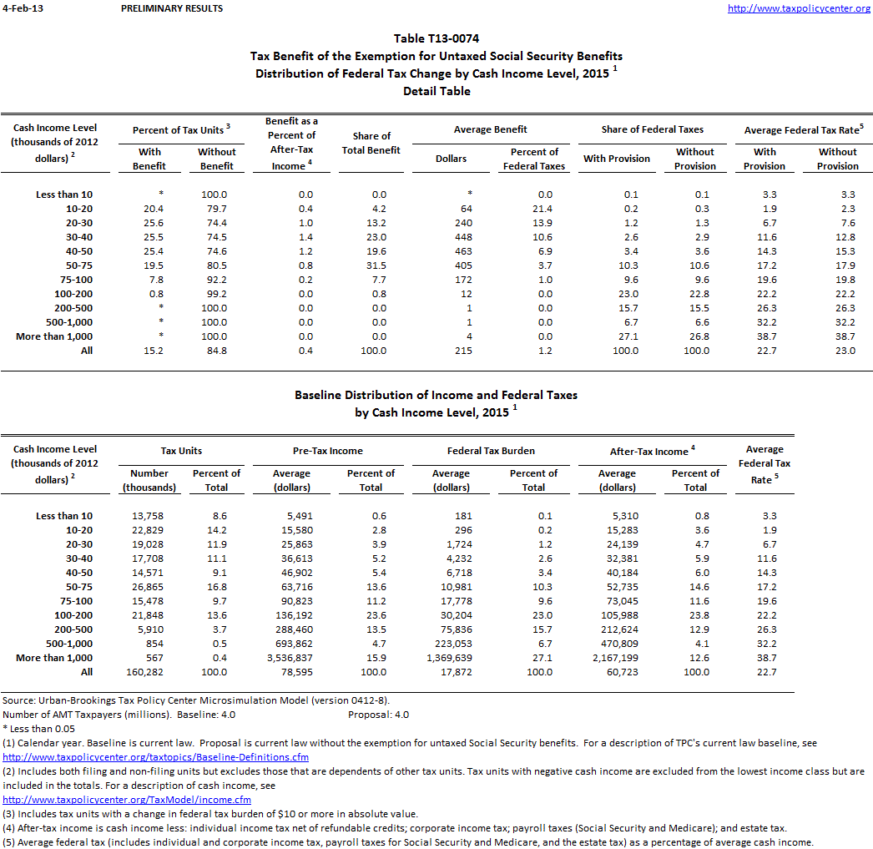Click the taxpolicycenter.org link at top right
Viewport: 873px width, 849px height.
pos(799,8)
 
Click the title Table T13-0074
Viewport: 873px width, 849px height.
pos(436,38)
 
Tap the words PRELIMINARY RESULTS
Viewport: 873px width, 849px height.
pos(172,8)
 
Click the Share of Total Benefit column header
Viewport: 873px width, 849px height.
pos(371,143)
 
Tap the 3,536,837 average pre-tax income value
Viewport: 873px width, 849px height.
pos(289,658)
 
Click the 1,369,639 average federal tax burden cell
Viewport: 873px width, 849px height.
pos(450,658)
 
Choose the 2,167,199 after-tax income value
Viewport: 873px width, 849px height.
pos(613,658)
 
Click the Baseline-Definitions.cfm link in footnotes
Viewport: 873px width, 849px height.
pos(156,757)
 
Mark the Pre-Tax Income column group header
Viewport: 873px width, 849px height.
pos(329,451)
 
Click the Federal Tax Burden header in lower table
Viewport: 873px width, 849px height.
pos(491,451)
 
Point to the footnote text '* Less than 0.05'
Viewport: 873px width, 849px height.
pos(38,729)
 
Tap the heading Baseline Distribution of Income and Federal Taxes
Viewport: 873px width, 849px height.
pos(436,395)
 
